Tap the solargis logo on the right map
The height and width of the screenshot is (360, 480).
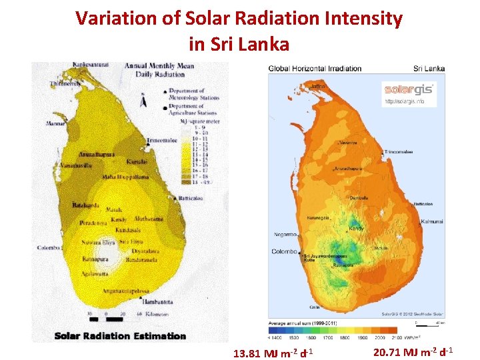(x=409, y=90)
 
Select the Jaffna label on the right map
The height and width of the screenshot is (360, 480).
(x=319, y=86)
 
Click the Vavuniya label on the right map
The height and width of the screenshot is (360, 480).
(x=349, y=143)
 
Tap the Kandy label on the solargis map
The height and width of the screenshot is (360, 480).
(x=356, y=229)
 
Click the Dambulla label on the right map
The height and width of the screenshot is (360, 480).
(x=359, y=198)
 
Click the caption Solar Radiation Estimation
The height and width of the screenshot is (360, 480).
(x=120, y=336)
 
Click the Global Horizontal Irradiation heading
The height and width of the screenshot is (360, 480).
(x=315, y=68)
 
